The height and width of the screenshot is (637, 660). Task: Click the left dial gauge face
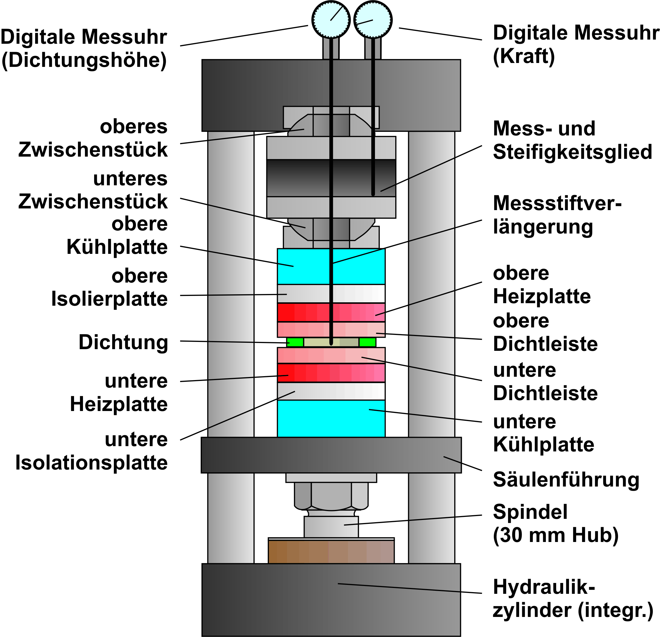(331, 20)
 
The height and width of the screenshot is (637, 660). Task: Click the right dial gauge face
(373, 20)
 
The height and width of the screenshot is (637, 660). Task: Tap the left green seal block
(295, 342)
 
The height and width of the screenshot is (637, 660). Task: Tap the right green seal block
(367, 342)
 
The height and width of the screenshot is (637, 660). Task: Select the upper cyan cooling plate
(331, 266)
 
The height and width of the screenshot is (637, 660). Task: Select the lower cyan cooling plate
(331, 419)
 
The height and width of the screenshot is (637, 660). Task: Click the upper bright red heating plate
(331, 312)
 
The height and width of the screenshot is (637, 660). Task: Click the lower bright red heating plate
(331, 373)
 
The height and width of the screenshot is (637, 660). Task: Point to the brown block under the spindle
(331, 551)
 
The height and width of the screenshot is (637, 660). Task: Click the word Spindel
(530, 512)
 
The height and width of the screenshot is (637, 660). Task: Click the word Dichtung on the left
(123, 342)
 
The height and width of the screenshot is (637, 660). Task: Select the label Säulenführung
(566, 480)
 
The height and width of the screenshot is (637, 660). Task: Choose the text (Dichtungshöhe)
(84, 60)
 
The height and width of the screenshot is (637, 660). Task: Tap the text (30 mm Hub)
(556, 535)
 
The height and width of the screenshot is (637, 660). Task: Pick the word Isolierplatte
(109, 299)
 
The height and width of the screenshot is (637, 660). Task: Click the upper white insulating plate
(331, 293)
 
